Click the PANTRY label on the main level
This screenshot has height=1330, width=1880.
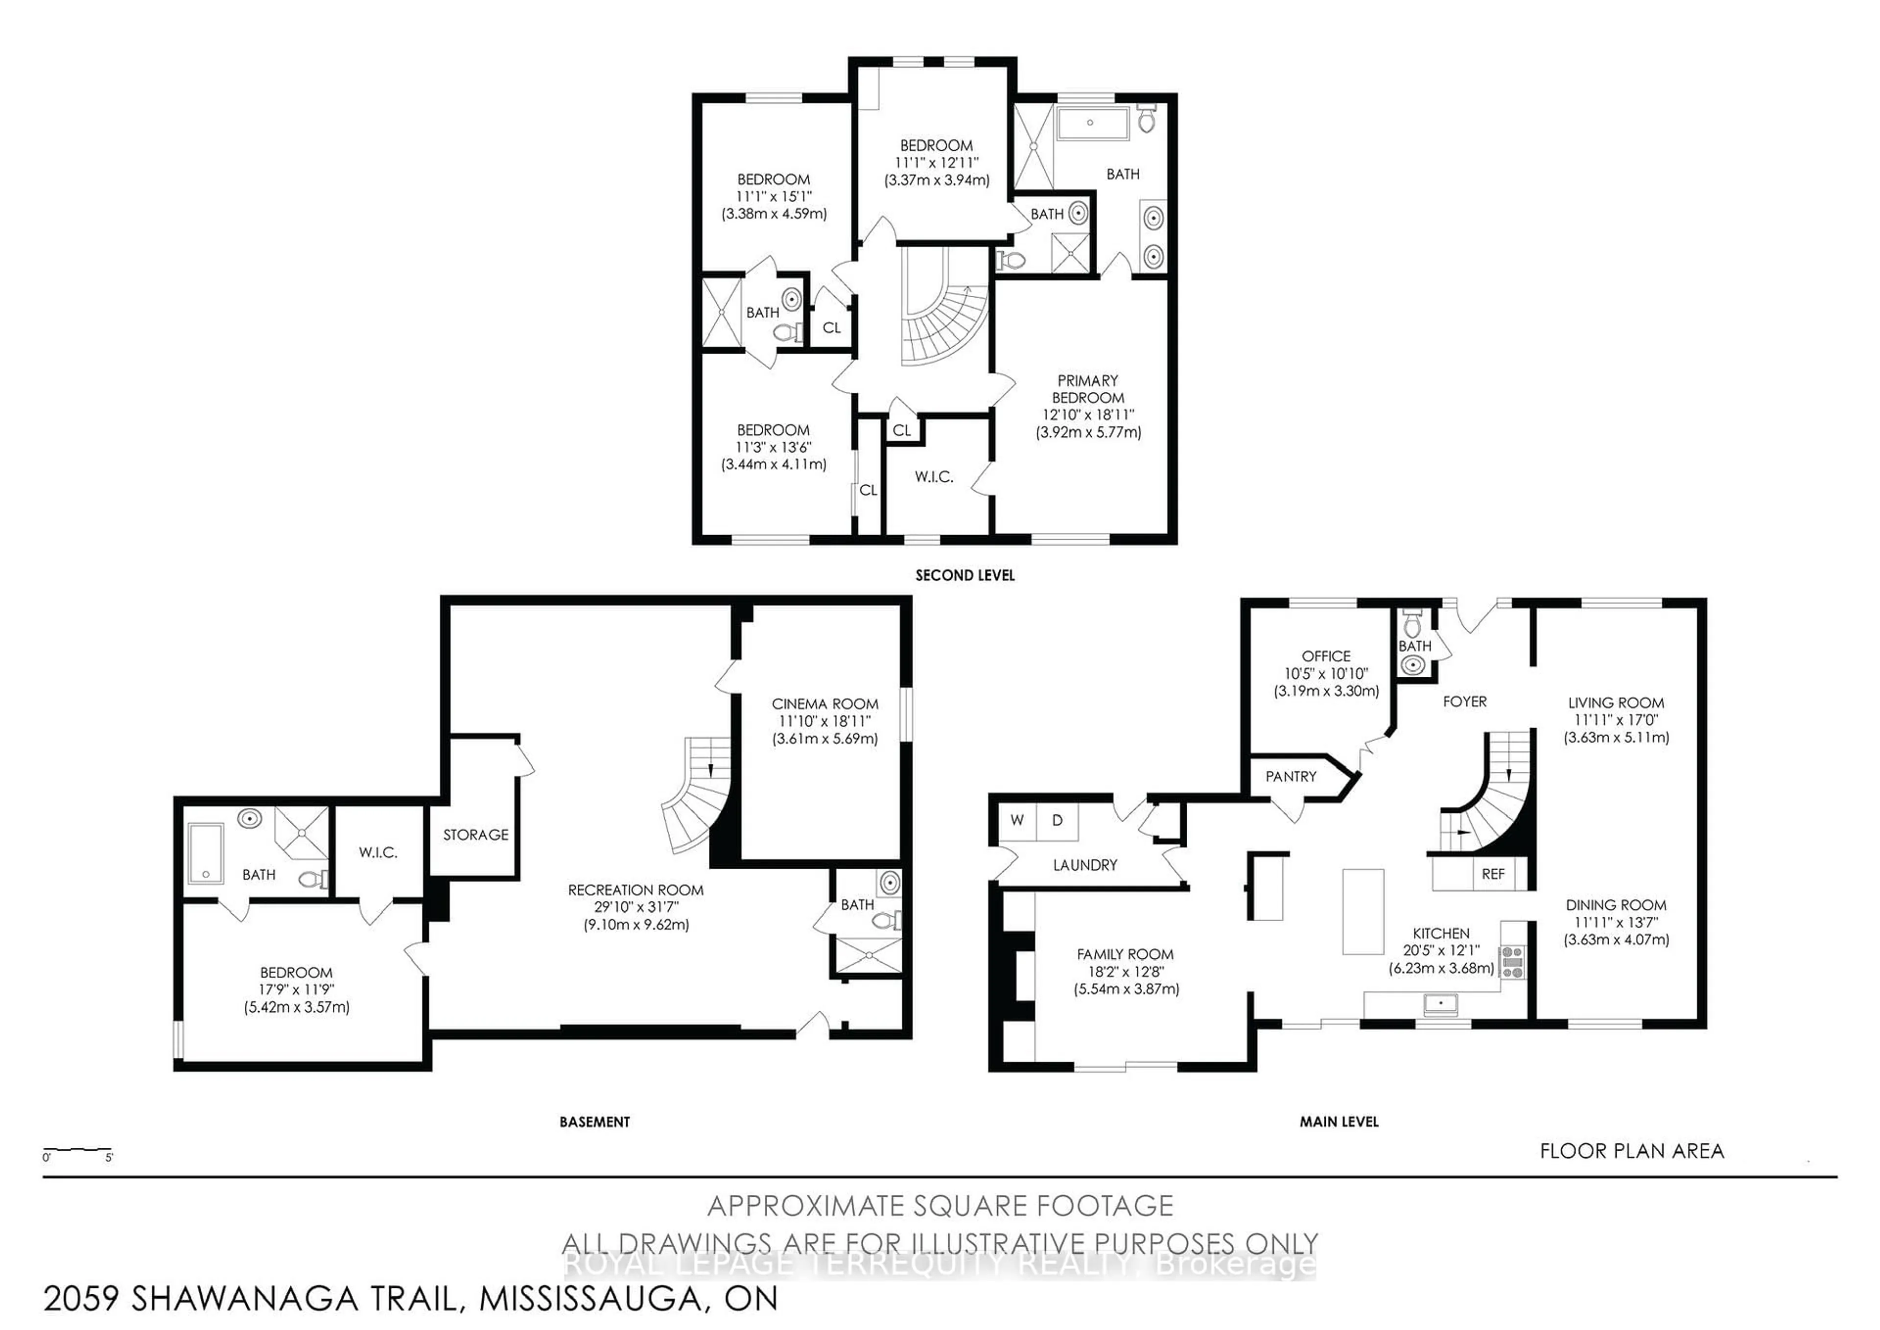tap(1291, 776)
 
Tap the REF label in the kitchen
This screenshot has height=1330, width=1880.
tap(1493, 874)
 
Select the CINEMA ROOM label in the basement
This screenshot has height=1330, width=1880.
tap(824, 704)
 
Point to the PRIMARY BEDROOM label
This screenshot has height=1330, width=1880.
tap(1087, 389)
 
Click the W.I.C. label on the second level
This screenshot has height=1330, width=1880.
tap(934, 476)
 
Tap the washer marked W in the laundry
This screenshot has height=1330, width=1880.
tap(1017, 820)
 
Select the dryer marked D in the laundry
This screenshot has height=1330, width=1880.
tap(1057, 820)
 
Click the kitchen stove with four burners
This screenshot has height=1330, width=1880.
tap(1511, 962)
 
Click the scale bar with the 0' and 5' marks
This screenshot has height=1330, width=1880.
tap(77, 1151)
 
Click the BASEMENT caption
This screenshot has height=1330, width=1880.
tap(594, 1122)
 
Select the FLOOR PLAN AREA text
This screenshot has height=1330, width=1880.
tap(1631, 1151)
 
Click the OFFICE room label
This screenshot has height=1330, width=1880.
tap(1326, 656)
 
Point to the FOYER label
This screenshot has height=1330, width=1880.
tap(1464, 702)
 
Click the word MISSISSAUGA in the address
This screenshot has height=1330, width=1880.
tap(588, 1299)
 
